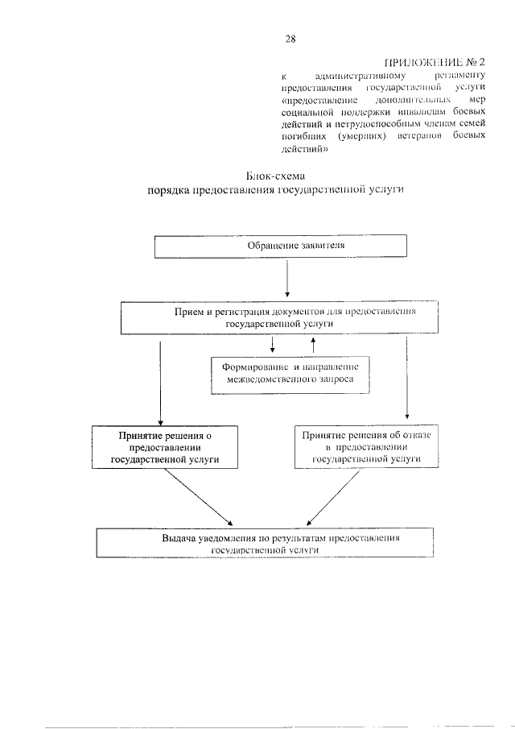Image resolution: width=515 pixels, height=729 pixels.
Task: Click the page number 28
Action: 290,37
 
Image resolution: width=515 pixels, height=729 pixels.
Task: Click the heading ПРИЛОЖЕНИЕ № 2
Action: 434,62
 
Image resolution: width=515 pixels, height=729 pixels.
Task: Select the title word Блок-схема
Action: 276,176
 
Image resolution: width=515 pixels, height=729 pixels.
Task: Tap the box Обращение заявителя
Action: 279,246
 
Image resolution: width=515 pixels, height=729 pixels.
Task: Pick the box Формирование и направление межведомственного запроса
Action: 290,375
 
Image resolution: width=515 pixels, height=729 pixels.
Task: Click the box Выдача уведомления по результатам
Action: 265,543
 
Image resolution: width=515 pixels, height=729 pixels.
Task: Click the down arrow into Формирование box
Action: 274,345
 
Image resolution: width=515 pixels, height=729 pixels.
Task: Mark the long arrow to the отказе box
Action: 407,375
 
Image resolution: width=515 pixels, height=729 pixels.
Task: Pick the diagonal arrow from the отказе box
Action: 332,497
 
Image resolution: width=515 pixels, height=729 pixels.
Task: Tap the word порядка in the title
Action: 172,192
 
